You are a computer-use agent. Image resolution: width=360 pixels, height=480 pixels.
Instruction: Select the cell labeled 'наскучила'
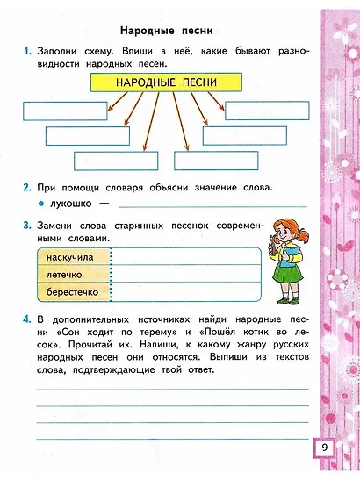click(70, 255)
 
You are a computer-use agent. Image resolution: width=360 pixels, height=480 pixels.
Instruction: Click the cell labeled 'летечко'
click(70, 274)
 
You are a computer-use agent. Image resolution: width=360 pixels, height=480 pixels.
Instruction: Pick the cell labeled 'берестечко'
click(70, 291)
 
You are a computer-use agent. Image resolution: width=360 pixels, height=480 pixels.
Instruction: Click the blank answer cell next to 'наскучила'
click(185, 255)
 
